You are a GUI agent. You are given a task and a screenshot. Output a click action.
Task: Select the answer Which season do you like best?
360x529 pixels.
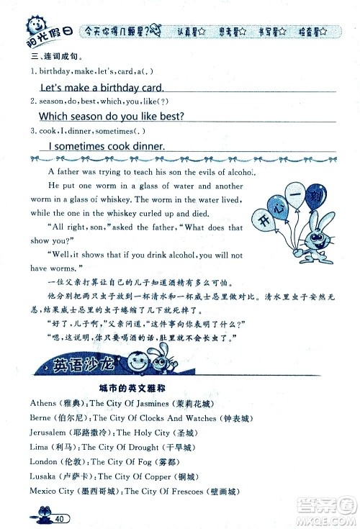click(111, 116)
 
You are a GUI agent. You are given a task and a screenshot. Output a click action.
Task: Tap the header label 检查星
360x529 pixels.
click(315, 32)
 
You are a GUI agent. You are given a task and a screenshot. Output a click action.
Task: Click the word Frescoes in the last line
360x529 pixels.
click(184, 491)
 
